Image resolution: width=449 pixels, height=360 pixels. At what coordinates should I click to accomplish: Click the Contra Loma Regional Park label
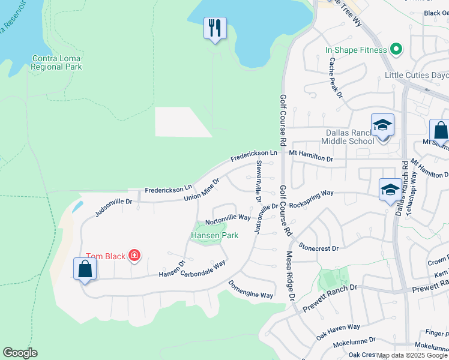[x=56, y=62]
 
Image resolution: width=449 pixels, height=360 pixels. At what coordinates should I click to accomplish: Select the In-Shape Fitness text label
[x=356, y=50]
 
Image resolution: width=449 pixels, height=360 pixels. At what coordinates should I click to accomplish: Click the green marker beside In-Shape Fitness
[x=396, y=49]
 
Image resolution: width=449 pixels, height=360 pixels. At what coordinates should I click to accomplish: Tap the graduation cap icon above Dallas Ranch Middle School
[x=382, y=125]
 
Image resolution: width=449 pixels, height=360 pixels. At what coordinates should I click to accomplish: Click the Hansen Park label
[x=214, y=235]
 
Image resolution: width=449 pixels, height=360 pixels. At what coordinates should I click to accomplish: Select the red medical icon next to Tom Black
[x=134, y=256]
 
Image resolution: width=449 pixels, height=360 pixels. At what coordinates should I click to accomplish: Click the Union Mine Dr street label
[x=202, y=189]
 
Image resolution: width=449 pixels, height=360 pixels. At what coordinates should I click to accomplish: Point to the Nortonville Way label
[x=228, y=217]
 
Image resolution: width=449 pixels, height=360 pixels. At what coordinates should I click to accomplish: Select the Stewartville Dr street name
[x=259, y=180]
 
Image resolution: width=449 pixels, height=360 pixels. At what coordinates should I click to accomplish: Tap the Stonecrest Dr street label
[x=319, y=247]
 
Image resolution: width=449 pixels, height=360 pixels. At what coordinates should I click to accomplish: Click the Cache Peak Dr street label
[x=335, y=78]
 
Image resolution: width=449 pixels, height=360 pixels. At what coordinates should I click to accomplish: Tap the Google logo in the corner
[x=20, y=353]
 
